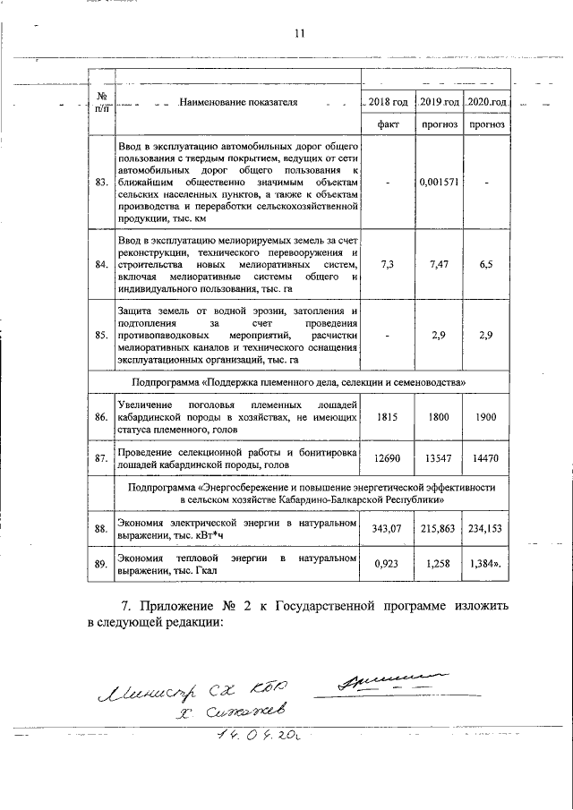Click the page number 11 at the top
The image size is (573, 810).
coord(299,34)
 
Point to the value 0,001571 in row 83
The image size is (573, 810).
coord(440,183)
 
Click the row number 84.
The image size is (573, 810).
coord(101,265)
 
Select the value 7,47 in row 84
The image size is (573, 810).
coord(440,265)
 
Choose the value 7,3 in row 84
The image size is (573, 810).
coord(389,265)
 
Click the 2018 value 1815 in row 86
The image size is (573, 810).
coord(389,417)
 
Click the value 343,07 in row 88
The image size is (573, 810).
coord(389,530)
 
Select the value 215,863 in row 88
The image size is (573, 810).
coord(440,530)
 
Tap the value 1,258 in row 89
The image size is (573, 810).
coord(440,566)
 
